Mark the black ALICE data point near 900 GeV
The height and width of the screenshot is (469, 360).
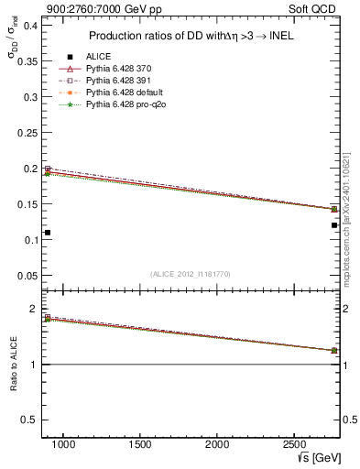(48, 233)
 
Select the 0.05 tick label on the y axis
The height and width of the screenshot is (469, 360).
(28, 276)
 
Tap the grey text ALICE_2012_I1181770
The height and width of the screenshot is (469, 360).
(190, 274)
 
